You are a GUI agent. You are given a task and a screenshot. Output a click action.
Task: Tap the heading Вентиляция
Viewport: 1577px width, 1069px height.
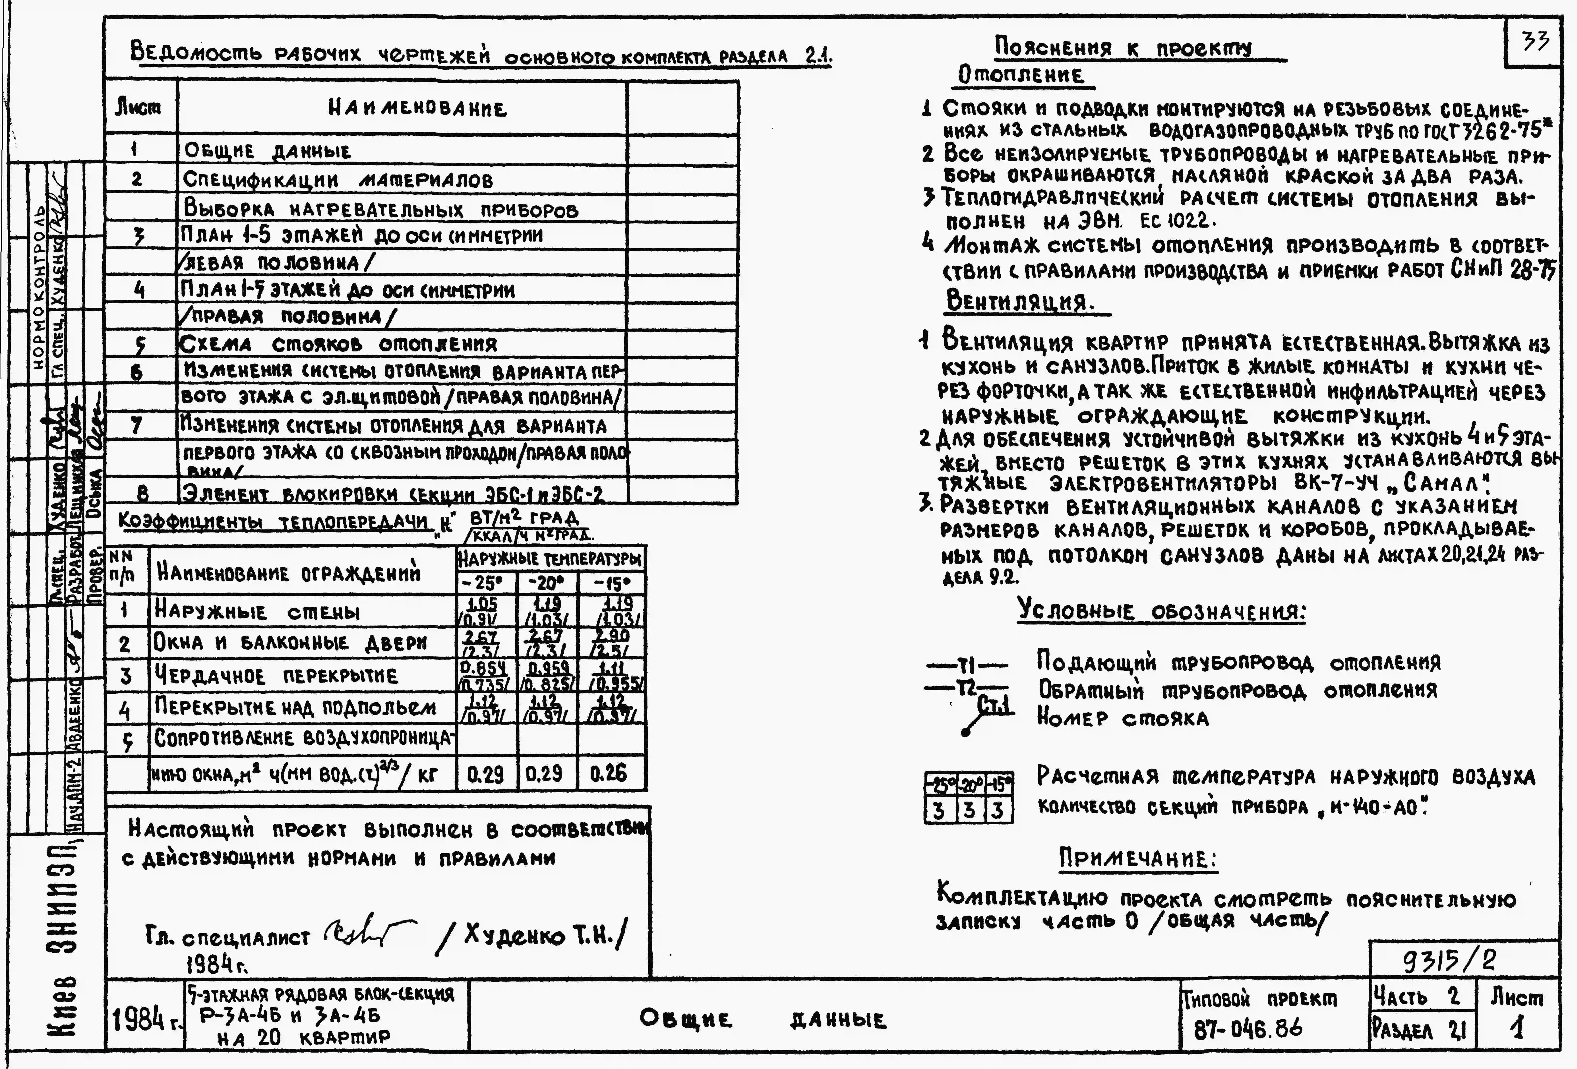tap(1019, 300)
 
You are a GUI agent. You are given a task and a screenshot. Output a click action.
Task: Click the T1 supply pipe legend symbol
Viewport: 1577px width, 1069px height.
tap(966, 664)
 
